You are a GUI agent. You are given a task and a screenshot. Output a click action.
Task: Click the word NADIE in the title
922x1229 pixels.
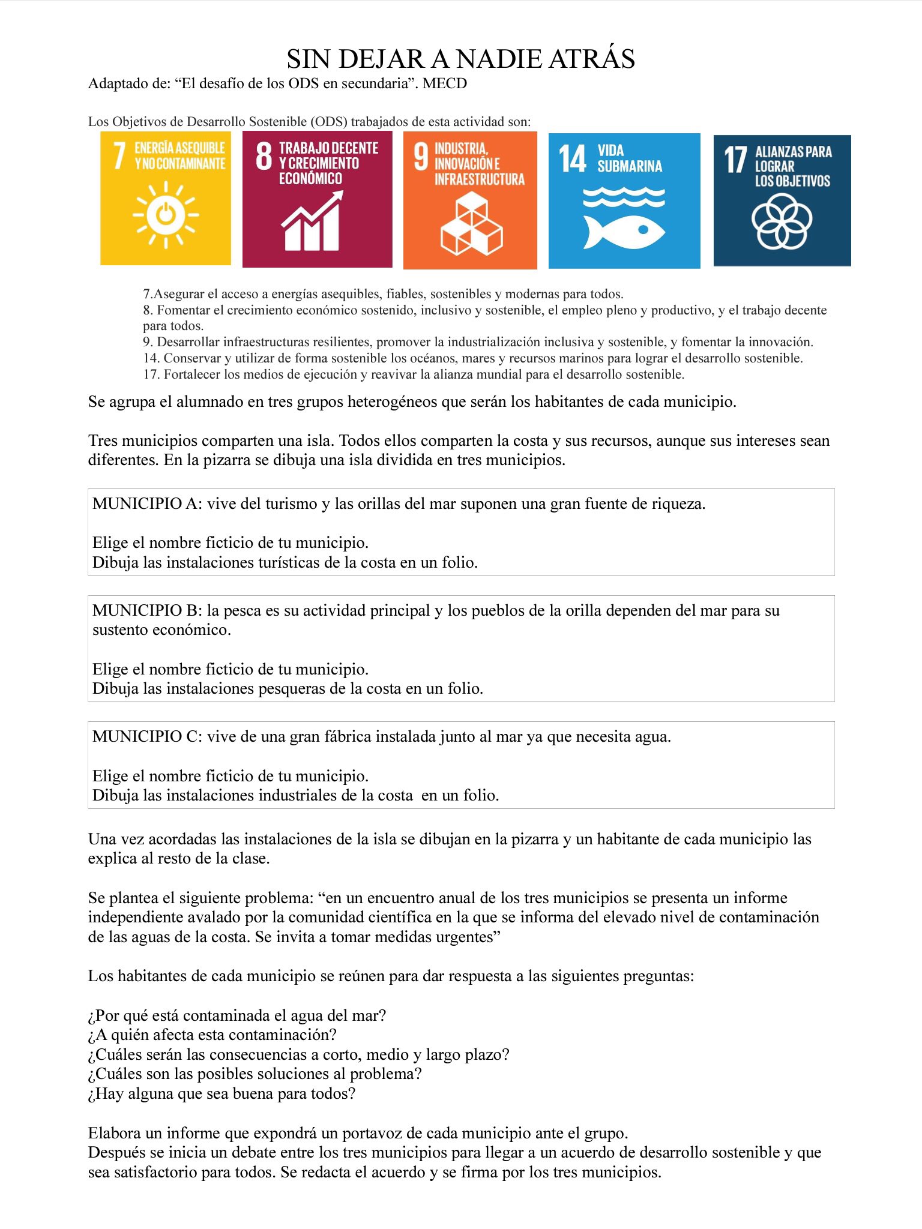[496, 59]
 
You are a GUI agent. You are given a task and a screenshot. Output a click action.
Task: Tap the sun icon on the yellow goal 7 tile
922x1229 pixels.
[166, 214]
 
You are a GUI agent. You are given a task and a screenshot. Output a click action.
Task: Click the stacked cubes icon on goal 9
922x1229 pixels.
[471, 224]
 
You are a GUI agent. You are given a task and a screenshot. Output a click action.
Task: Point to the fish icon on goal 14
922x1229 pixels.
[624, 231]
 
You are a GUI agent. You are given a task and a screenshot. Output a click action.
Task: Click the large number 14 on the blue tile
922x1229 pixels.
[573, 159]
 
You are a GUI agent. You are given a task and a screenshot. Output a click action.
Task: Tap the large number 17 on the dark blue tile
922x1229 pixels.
[735, 160]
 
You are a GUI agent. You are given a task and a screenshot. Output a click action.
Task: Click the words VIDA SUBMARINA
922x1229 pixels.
[629, 158]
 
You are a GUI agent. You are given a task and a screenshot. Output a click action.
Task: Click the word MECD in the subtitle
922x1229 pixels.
[445, 83]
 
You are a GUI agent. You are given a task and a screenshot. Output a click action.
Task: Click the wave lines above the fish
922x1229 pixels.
[624, 197]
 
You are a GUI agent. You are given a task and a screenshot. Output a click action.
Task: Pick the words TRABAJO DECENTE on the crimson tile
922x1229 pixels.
[328, 148]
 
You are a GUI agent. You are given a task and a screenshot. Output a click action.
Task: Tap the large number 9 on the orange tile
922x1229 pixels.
[421, 157]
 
